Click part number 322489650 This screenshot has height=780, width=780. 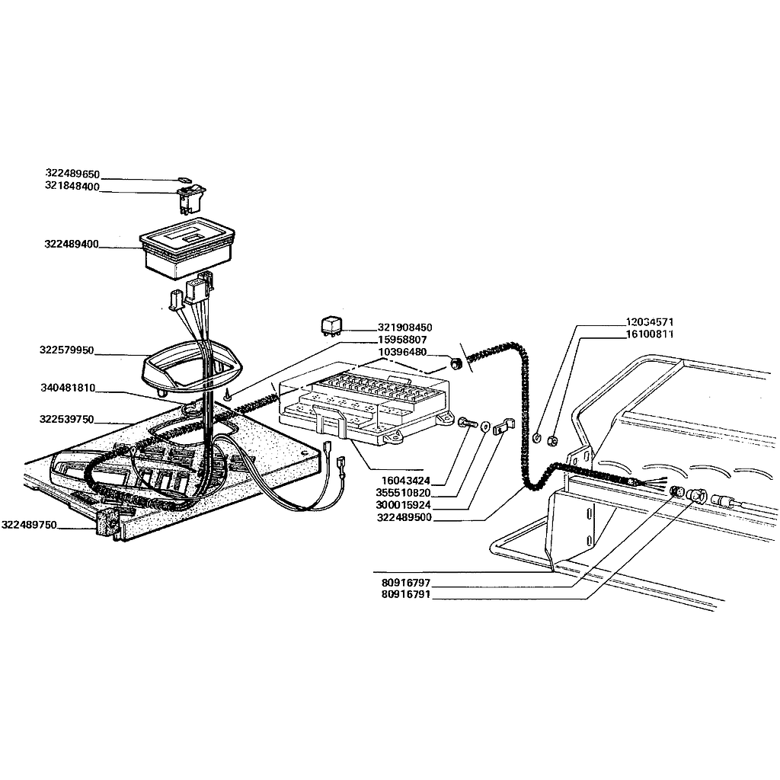click(x=72, y=174)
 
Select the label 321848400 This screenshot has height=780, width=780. click(x=72, y=187)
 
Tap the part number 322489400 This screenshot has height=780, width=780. click(x=72, y=245)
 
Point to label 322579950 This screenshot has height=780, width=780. click(x=67, y=350)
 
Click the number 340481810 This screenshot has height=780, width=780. click(x=68, y=388)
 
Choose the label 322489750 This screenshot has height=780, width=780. click(x=29, y=524)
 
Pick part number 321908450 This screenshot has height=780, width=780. click(x=405, y=327)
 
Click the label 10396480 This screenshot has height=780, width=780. click(x=402, y=352)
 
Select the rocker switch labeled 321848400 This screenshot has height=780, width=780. click(x=190, y=197)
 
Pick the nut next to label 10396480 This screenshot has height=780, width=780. click(x=456, y=364)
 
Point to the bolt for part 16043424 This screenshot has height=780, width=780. click(x=467, y=423)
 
